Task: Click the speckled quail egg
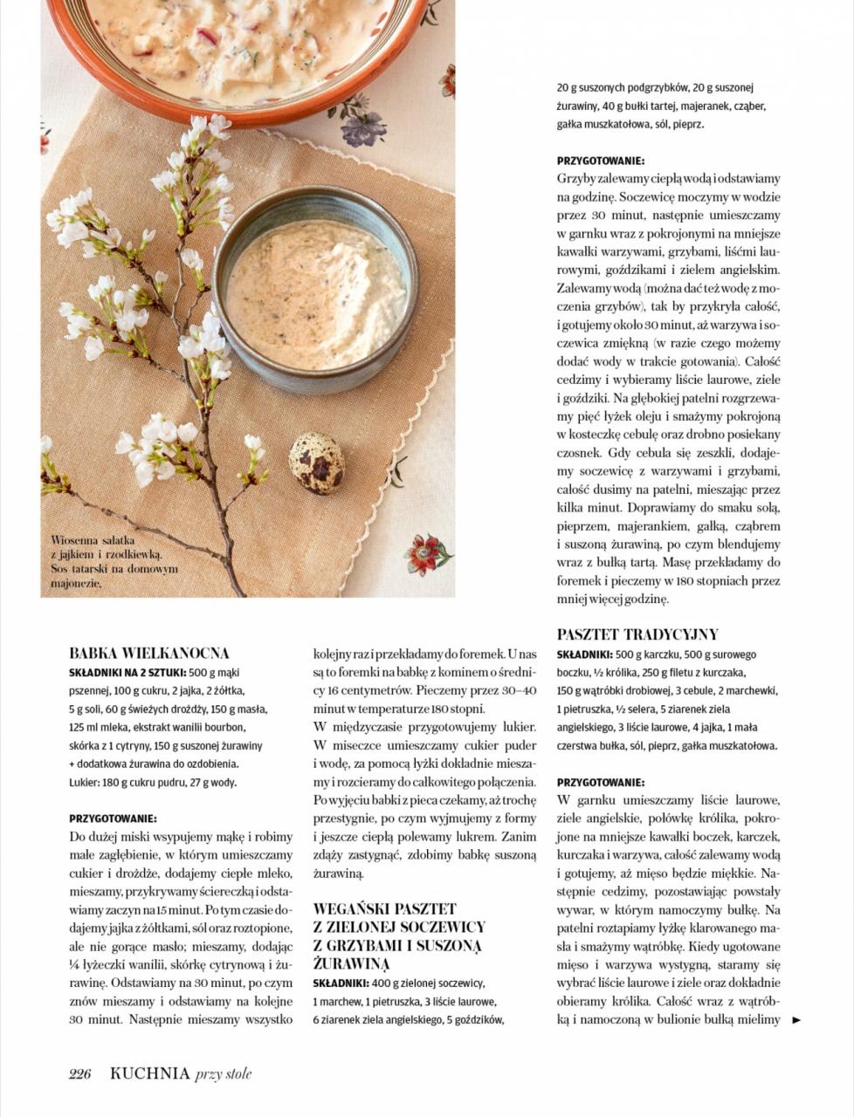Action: coord(316,463)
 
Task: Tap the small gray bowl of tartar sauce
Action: coord(315,287)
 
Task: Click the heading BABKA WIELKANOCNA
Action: coord(149,653)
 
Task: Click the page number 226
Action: coord(80,1074)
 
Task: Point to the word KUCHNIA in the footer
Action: coord(149,1074)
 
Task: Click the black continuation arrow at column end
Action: coord(795,1019)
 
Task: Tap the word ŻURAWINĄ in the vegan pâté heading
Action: coord(352,963)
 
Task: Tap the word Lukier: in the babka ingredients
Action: coord(84,782)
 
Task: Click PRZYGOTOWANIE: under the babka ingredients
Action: coord(113,819)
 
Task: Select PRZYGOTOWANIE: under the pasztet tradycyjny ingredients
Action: coord(601,783)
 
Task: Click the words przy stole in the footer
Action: coord(224,1074)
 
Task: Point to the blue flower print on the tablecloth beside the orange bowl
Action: coord(360,122)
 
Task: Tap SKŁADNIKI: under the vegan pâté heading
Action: coord(341,983)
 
